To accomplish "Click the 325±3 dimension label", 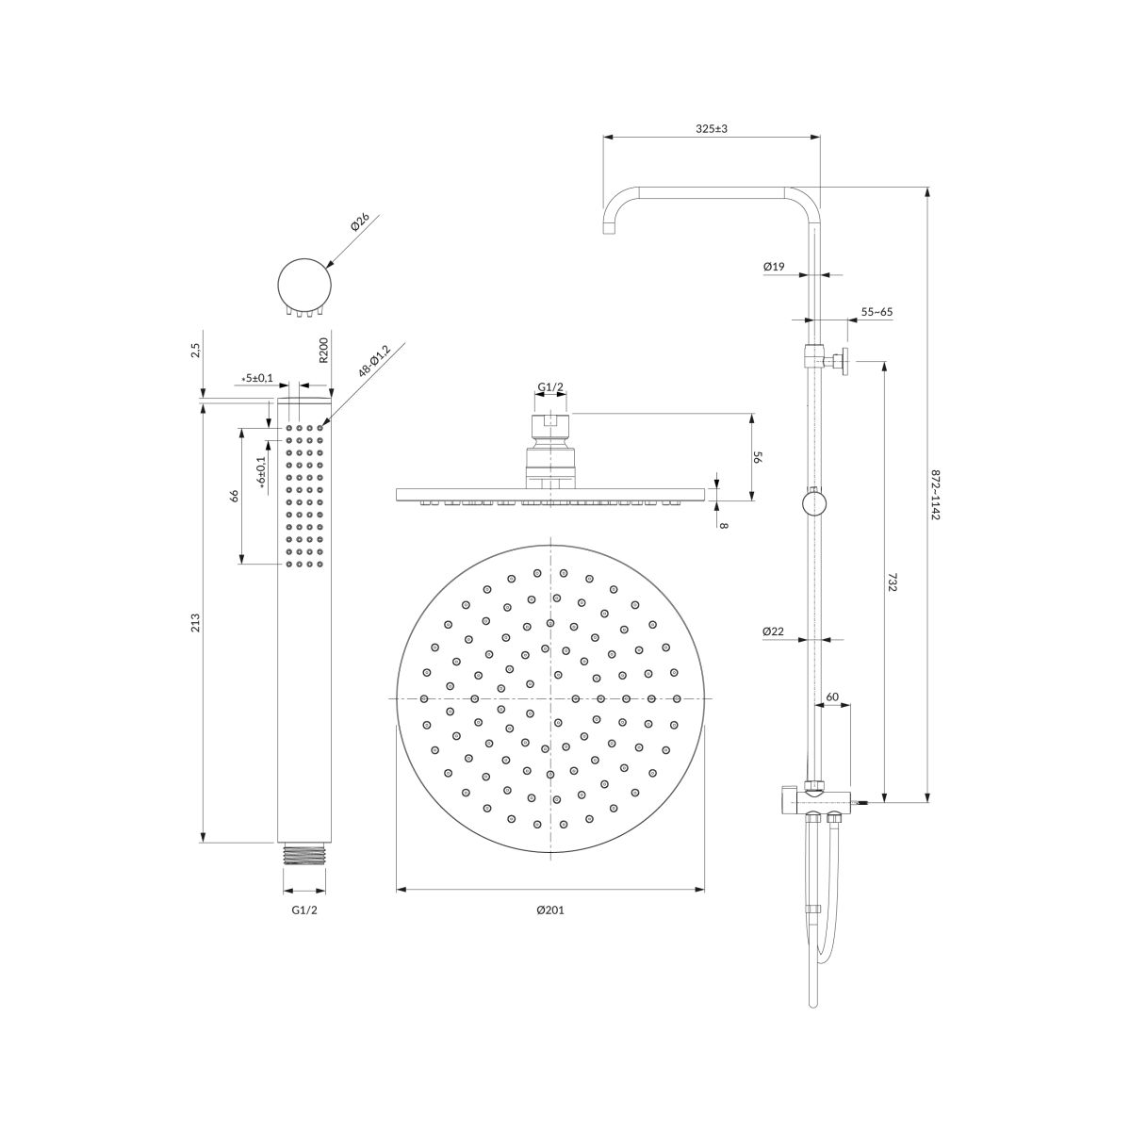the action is pos(711,128).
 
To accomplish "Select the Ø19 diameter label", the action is pos(774,267).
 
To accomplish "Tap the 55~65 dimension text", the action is pos(877,312).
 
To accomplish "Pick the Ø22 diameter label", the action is pos(773,631).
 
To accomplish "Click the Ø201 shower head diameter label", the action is pos(549,910).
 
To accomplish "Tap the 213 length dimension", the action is pos(195,623).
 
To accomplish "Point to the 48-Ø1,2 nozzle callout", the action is pos(374,361).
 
